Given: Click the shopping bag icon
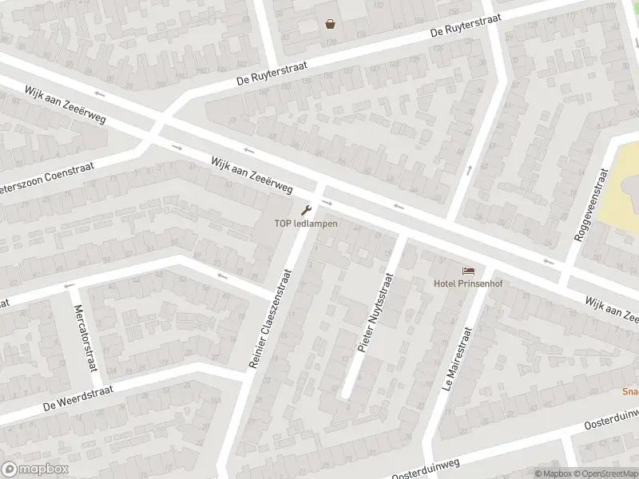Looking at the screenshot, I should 330,24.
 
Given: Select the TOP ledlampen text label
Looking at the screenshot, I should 306,224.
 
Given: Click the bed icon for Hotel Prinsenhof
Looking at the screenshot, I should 468,271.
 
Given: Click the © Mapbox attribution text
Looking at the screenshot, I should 554,473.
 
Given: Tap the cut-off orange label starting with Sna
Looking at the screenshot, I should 630,392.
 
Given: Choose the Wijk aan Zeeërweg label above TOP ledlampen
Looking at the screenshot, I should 251,174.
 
